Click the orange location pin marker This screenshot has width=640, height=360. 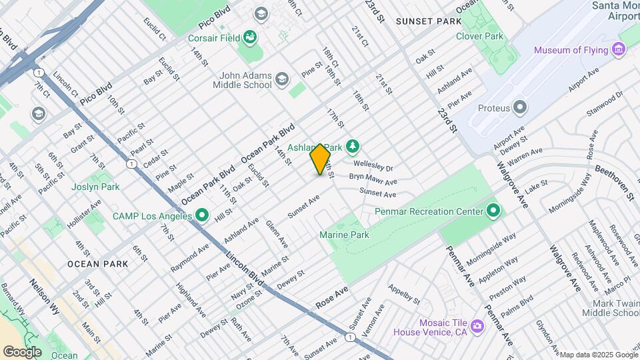(320, 159)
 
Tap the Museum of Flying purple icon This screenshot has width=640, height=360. (619, 50)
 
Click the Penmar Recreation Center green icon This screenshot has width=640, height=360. (493, 211)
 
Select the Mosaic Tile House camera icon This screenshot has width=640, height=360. (477, 326)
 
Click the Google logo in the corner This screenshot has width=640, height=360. (23, 351)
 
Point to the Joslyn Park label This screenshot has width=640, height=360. (97, 187)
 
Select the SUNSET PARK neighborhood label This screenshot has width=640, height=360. (428, 21)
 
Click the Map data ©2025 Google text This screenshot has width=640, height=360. (598, 355)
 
